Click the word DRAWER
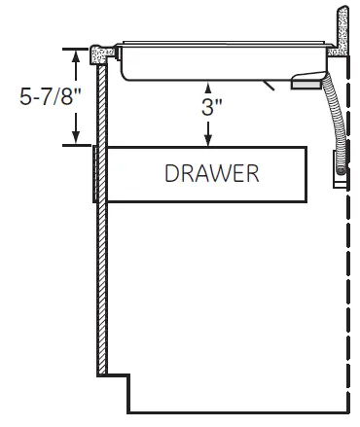(x=212, y=173)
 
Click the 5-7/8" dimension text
(x=51, y=96)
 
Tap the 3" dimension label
(x=212, y=107)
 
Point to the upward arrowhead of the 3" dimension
(x=208, y=89)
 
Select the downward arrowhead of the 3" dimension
(x=208, y=140)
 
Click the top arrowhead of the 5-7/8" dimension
(x=76, y=55)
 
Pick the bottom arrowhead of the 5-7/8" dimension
(x=76, y=137)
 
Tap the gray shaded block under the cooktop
(x=306, y=85)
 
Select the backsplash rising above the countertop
(x=342, y=31)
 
